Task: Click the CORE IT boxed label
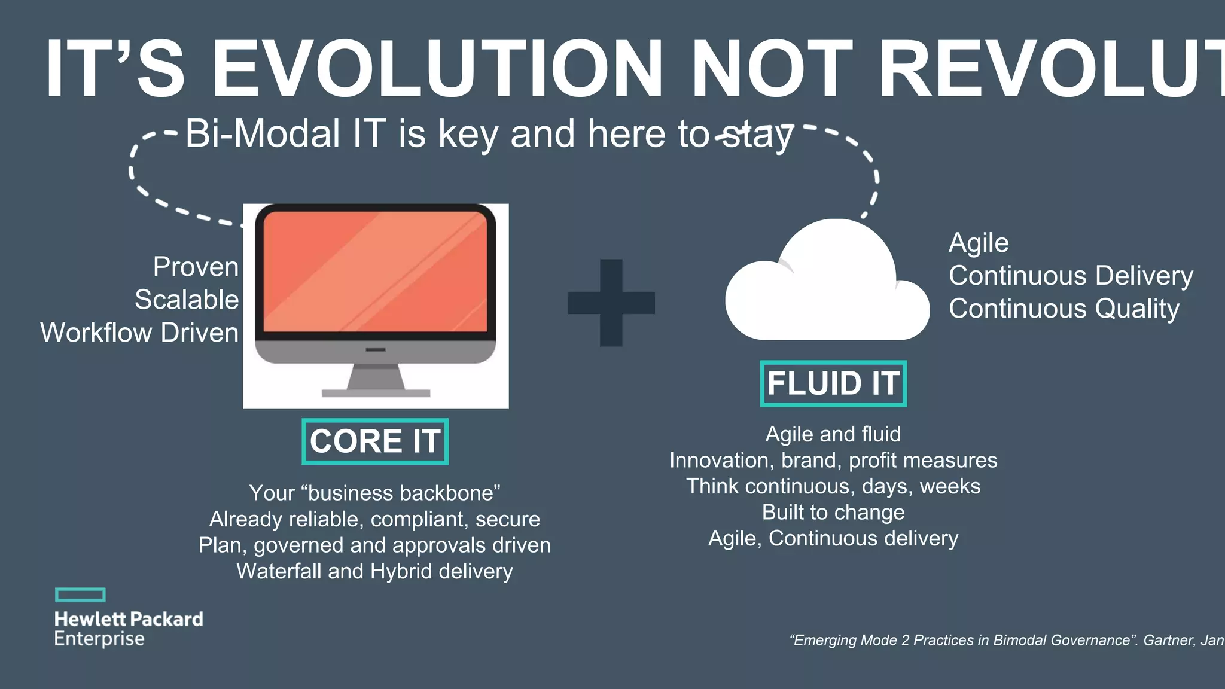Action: [375, 441]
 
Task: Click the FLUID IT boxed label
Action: [833, 383]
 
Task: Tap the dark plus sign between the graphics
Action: [611, 303]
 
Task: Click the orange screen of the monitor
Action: [376, 272]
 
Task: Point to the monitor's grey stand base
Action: [376, 393]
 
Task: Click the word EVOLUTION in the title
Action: [437, 69]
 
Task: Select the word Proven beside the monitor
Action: [196, 267]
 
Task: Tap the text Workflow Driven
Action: [139, 333]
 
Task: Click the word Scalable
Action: [187, 300]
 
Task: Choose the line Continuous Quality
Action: [1064, 309]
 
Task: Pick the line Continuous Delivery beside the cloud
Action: [1071, 276]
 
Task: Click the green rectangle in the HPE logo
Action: [80, 595]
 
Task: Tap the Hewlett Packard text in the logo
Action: [129, 619]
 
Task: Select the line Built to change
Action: [833, 513]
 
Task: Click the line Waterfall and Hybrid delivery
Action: [374, 571]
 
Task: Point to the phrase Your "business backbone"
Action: [374, 493]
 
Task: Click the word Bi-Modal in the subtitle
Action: [263, 133]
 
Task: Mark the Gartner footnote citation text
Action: [1005, 640]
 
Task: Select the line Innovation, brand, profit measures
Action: [833, 461]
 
